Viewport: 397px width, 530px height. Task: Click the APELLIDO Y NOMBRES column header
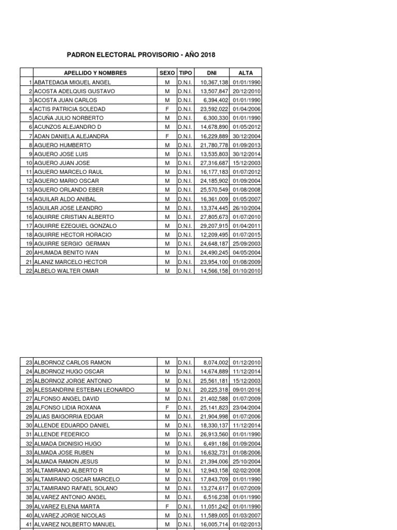[x=95, y=73]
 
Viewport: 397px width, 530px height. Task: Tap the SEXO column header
[x=167, y=73]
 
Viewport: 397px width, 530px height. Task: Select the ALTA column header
[x=246, y=73]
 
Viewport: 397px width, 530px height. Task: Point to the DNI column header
[x=211, y=73]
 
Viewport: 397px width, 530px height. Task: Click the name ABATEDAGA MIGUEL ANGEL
[x=72, y=82]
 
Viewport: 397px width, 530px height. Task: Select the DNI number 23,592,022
[x=214, y=109]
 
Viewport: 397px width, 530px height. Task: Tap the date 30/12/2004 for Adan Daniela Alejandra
[x=247, y=136]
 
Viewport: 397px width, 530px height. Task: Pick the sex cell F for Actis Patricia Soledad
[x=167, y=109]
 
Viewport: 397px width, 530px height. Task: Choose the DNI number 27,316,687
[x=214, y=163]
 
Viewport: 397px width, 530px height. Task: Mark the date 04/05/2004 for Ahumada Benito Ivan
[x=247, y=253]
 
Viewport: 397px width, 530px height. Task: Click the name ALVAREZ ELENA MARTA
[x=67, y=507]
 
